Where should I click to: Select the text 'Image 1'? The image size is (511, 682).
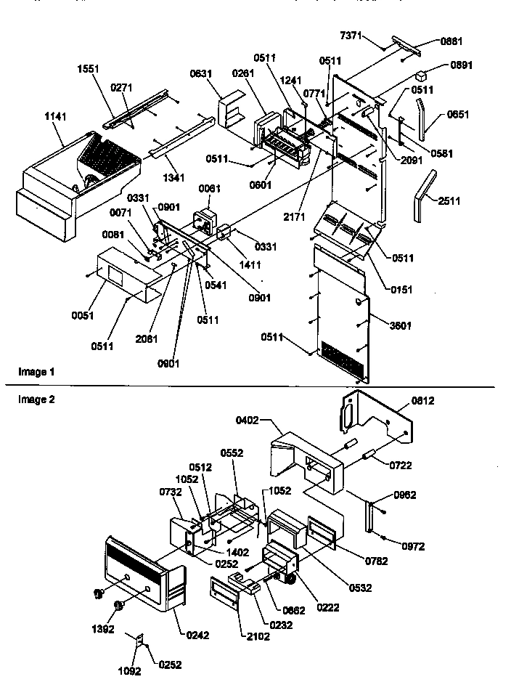click(36, 372)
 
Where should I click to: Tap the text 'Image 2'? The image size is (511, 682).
click(36, 399)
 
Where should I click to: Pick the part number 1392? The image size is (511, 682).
click(104, 629)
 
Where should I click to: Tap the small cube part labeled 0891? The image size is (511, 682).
click(420, 74)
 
